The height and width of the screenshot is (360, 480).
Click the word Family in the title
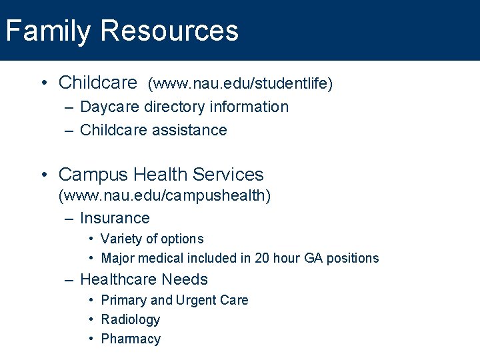[x=47, y=31]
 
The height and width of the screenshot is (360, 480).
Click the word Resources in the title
[x=170, y=31]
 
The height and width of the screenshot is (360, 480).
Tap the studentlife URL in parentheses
[x=240, y=83]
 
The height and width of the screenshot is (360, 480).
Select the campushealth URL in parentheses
[x=165, y=196]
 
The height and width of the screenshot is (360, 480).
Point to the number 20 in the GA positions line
[x=262, y=258]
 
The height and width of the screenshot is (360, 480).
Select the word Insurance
[x=115, y=218]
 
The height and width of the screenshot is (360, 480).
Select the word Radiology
[x=131, y=319]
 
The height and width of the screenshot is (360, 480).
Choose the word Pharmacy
[x=131, y=339]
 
